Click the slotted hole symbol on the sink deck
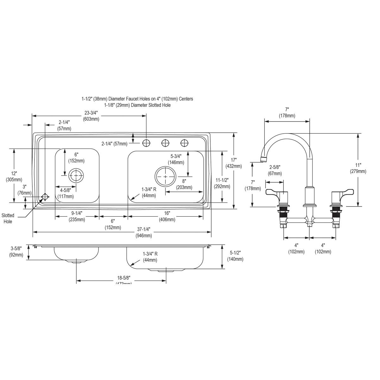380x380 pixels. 45,197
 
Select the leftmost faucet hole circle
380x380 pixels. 146,143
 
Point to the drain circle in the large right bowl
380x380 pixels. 165,176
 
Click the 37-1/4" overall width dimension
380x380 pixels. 143,232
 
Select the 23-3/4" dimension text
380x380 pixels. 91,116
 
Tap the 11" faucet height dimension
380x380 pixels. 358,168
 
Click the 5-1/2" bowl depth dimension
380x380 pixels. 235,256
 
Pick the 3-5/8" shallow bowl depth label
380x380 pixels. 16,251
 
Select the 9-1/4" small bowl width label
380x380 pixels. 77,216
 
